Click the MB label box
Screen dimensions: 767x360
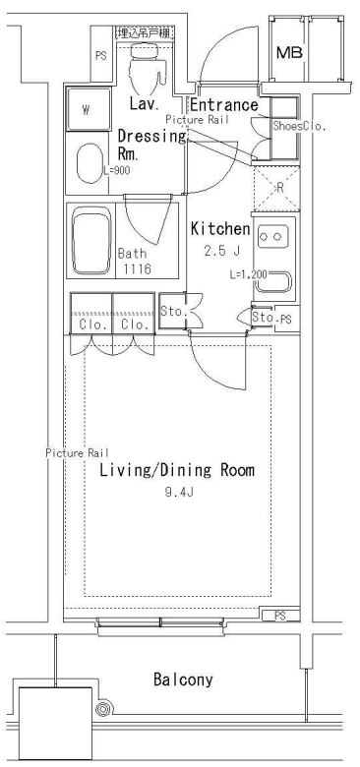[289, 53]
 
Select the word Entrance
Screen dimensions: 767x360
[223, 105]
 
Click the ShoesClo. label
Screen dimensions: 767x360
[298, 126]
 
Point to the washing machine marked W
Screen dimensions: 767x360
[87, 109]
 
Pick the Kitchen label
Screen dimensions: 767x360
[220, 228]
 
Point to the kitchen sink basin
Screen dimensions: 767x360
[275, 284]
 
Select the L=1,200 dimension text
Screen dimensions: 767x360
[248, 274]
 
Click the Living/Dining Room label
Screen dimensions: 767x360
[176, 471]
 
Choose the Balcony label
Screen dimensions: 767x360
[183, 678]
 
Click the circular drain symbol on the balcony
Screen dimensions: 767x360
[102, 710]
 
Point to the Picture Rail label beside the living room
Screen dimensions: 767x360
[76, 453]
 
